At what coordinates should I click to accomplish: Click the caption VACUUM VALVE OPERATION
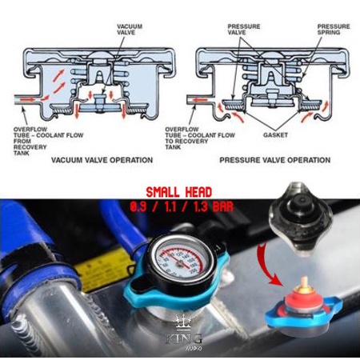coord(102,160)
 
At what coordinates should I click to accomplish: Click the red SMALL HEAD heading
coord(179,193)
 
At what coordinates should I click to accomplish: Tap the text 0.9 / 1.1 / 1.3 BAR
coord(179,206)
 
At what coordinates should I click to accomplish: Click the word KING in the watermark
coord(179,338)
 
